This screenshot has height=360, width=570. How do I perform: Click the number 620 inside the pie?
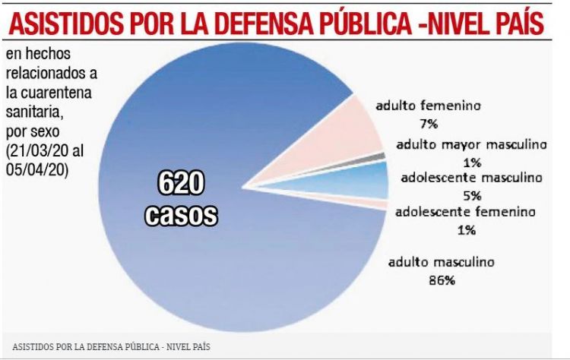(x=181, y=185)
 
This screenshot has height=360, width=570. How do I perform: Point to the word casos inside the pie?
(x=181, y=215)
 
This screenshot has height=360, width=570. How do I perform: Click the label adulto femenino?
(x=428, y=106)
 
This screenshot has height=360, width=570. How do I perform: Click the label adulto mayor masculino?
(x=471, y=144)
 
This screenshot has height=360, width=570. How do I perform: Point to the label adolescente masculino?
(x=471, y=178)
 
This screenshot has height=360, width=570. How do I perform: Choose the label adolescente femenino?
(x=466, y=211)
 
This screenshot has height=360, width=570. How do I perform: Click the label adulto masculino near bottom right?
(x=442, y=262)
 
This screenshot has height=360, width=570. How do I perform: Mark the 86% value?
(x=442, y=280)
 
